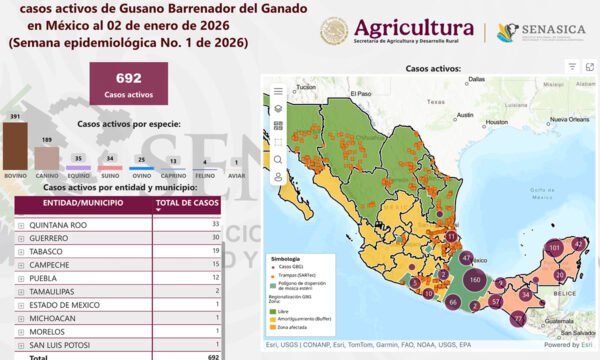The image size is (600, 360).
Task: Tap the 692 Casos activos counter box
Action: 127,85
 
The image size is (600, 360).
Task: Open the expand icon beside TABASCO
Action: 21,252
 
